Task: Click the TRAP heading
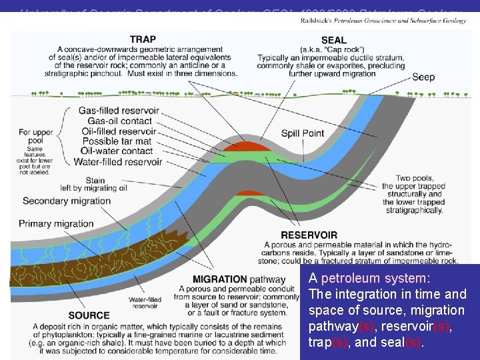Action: pyautogui.click(x=143, y=40)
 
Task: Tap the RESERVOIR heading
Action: pyautogui.click(x=309, y=235)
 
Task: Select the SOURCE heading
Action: pyautogui.click(x=89, y=315)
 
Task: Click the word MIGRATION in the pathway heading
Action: pyautogui.click(x=218, y=278)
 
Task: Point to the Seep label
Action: pyautogui.click(x=423, y=77)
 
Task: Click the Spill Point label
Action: pyautogui.click(x=302, y=133)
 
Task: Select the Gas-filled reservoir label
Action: pyautogui.click(x=119, y=111)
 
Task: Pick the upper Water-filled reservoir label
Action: pyautogui.click(x=117, y=161)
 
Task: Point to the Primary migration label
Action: pyautogui.click(x=57, y=223)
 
